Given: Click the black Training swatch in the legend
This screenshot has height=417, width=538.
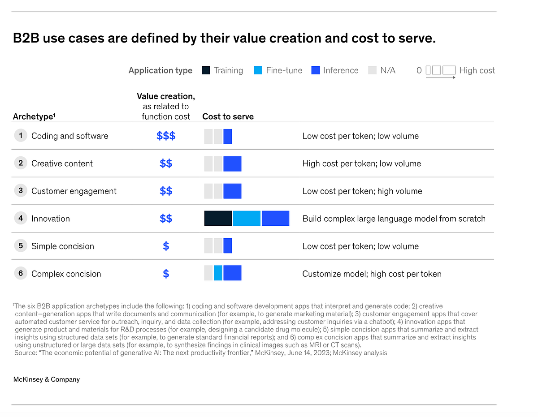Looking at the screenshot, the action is pos(206,70).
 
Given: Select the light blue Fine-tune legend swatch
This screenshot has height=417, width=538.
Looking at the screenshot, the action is pos(258,70).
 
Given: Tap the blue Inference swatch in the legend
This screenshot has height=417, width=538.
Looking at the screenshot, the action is pos(316,70).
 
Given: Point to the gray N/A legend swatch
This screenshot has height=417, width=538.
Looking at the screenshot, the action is pos(373,70).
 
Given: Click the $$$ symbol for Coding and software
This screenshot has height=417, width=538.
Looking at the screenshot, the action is pos(166,136).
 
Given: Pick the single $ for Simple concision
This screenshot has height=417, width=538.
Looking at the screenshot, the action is pos(166,246).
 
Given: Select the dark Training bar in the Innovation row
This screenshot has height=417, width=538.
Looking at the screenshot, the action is pos(218,219).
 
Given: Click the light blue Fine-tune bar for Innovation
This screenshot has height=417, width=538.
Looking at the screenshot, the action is pos(247,219).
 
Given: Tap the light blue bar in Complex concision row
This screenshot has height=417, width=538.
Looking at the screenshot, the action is pos(218,273).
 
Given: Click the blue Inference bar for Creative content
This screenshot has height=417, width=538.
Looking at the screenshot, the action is pos(232,164).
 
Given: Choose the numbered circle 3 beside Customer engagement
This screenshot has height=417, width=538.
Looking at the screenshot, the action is pos(21,191).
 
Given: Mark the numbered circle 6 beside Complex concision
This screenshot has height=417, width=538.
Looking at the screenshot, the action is pos(21,273).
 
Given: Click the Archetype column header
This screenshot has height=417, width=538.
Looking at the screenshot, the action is pos(34,116).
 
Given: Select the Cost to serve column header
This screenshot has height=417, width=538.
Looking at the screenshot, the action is pos(228,116).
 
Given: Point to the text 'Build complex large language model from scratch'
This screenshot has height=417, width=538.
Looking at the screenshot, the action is pos(394,219).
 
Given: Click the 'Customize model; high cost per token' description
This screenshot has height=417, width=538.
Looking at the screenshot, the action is pos(372,274).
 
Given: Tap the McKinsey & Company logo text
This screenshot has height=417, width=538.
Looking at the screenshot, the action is pos(47,379).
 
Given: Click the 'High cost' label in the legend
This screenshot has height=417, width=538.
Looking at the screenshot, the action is pos(477,70).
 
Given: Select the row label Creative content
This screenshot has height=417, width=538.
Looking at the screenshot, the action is pos(62,163).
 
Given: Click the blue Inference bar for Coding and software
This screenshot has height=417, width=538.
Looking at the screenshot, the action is pos(228,136).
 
